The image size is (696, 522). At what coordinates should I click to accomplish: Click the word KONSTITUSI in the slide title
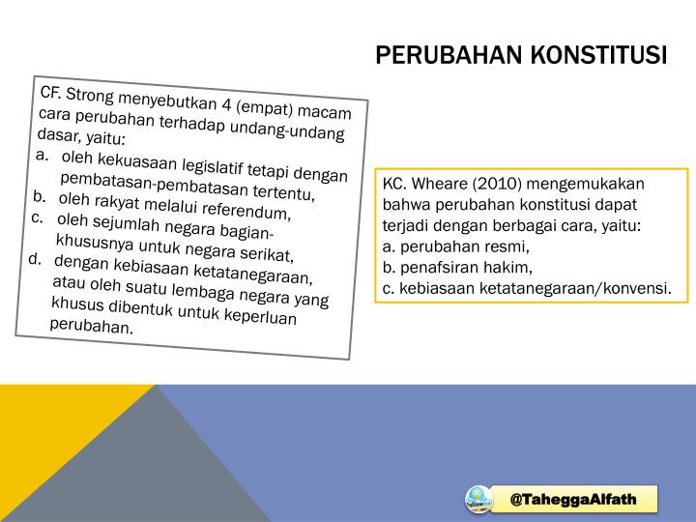click(598, 55)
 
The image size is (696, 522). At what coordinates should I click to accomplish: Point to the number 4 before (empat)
click(226, 104)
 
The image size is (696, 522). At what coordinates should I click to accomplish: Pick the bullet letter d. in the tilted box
click(35, 259)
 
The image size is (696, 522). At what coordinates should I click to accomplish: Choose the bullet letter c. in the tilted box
click(38, 217)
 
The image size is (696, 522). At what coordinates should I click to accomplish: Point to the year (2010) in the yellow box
click(497, 184)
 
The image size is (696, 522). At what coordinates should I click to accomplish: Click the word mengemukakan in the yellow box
click(585, 185)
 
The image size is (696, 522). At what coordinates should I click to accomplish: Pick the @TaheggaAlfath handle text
click(573, 499)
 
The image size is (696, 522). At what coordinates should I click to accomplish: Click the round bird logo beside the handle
click(478, 500)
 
